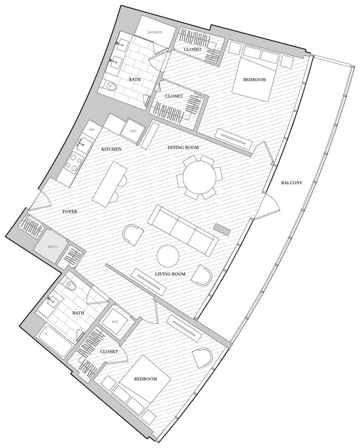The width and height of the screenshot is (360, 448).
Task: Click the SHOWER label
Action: (155, 32)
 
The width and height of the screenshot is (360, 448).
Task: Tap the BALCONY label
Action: (292, 183)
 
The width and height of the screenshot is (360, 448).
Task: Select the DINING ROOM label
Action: (183, 147)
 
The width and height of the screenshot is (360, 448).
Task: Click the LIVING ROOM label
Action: (170, 274)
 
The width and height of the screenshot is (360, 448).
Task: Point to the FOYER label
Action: (70, 212)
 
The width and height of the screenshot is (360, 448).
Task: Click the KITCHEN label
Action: (112, 150)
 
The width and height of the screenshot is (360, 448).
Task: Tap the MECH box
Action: (52, 246)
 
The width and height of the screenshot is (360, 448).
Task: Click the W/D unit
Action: (115, 322)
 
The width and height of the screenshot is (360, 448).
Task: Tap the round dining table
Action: (200, 177)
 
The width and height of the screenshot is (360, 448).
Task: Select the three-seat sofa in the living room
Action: (182, 229)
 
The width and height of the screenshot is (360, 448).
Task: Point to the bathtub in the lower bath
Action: (55, 340)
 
